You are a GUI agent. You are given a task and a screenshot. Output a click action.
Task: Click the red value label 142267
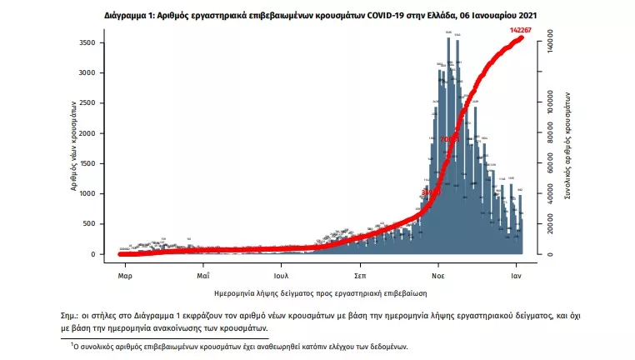pyautogui.click(x=521, y=30)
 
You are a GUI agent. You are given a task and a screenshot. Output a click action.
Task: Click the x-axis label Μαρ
pyautogui.click(x=125, y=273)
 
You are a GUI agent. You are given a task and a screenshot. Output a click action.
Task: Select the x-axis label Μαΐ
pyautogui.click(x=202, y=273)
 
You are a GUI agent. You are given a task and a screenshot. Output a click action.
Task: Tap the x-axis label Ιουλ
pyautogui.click(x=281, y=273)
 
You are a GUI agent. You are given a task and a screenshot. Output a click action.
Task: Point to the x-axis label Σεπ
pyautogui.click(x=360, y=273)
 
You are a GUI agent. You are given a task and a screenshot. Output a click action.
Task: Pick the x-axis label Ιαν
pyautogui.click(x=517, y=273)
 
